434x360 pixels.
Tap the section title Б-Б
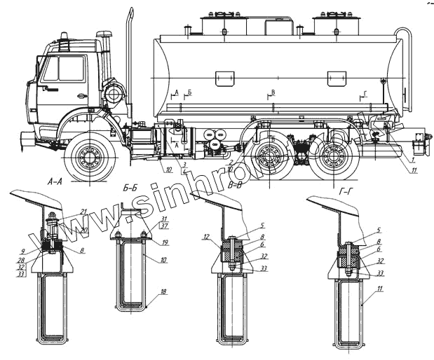[x=133, y=187]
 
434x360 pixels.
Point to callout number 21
[x=83, y=212]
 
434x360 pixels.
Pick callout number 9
[x=23, y=251]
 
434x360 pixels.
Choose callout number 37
[x=164, y=226]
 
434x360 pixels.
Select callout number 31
[x=164, y=219]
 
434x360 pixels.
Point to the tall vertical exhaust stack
[x=130, y=63]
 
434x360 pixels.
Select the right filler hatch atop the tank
[x=333, y=24]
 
